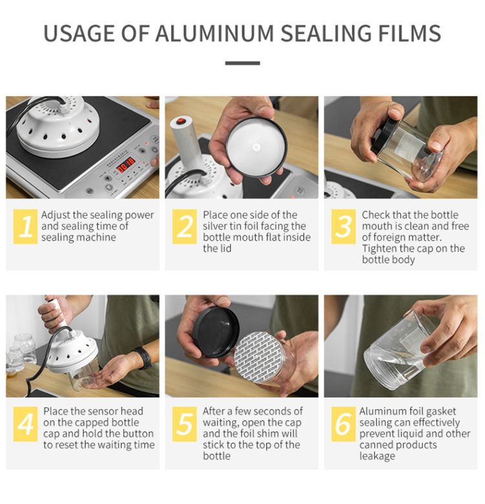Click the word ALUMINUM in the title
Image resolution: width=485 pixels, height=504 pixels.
pyautogui.click(x=215, y=34)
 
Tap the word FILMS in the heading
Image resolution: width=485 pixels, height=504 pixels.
pyautogui.click(x=409, y=34)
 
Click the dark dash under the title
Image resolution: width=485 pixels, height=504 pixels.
pyautogui.click(x=242, y=63)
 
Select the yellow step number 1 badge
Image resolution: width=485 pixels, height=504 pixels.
pyautogui.click(x=25, y=226)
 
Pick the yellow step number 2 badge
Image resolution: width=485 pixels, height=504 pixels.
pyautogui.click(x=184, y=226)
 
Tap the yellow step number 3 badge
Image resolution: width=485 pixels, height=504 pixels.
pyautogui.click(x=343, y=226)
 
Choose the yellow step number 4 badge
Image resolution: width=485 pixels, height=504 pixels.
pyautogui.click(x=25, y=424)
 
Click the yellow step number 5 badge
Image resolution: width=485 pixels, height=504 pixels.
pyautogui.click(x=184, y=424)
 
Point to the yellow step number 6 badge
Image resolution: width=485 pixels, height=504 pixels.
pyautogui.click(x=343, y=424)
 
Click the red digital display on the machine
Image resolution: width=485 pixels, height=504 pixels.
pyautogui.click(x=125, y=165)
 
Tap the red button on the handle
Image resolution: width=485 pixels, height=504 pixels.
pyautogui.click(x=181, y=121)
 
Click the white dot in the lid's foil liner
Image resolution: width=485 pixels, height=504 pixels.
pyautogui.click(x=256, y=148)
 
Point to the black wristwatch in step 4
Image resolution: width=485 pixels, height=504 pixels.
pyautogui.click(x=143, y=357)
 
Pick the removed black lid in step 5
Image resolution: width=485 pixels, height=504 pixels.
pyautogui.click(x=216, y=332)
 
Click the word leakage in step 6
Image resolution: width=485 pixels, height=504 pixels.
pyautogui.click(x=378, y=456)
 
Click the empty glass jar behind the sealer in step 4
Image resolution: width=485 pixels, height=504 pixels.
pyautogui.click(x=25, y=347)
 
